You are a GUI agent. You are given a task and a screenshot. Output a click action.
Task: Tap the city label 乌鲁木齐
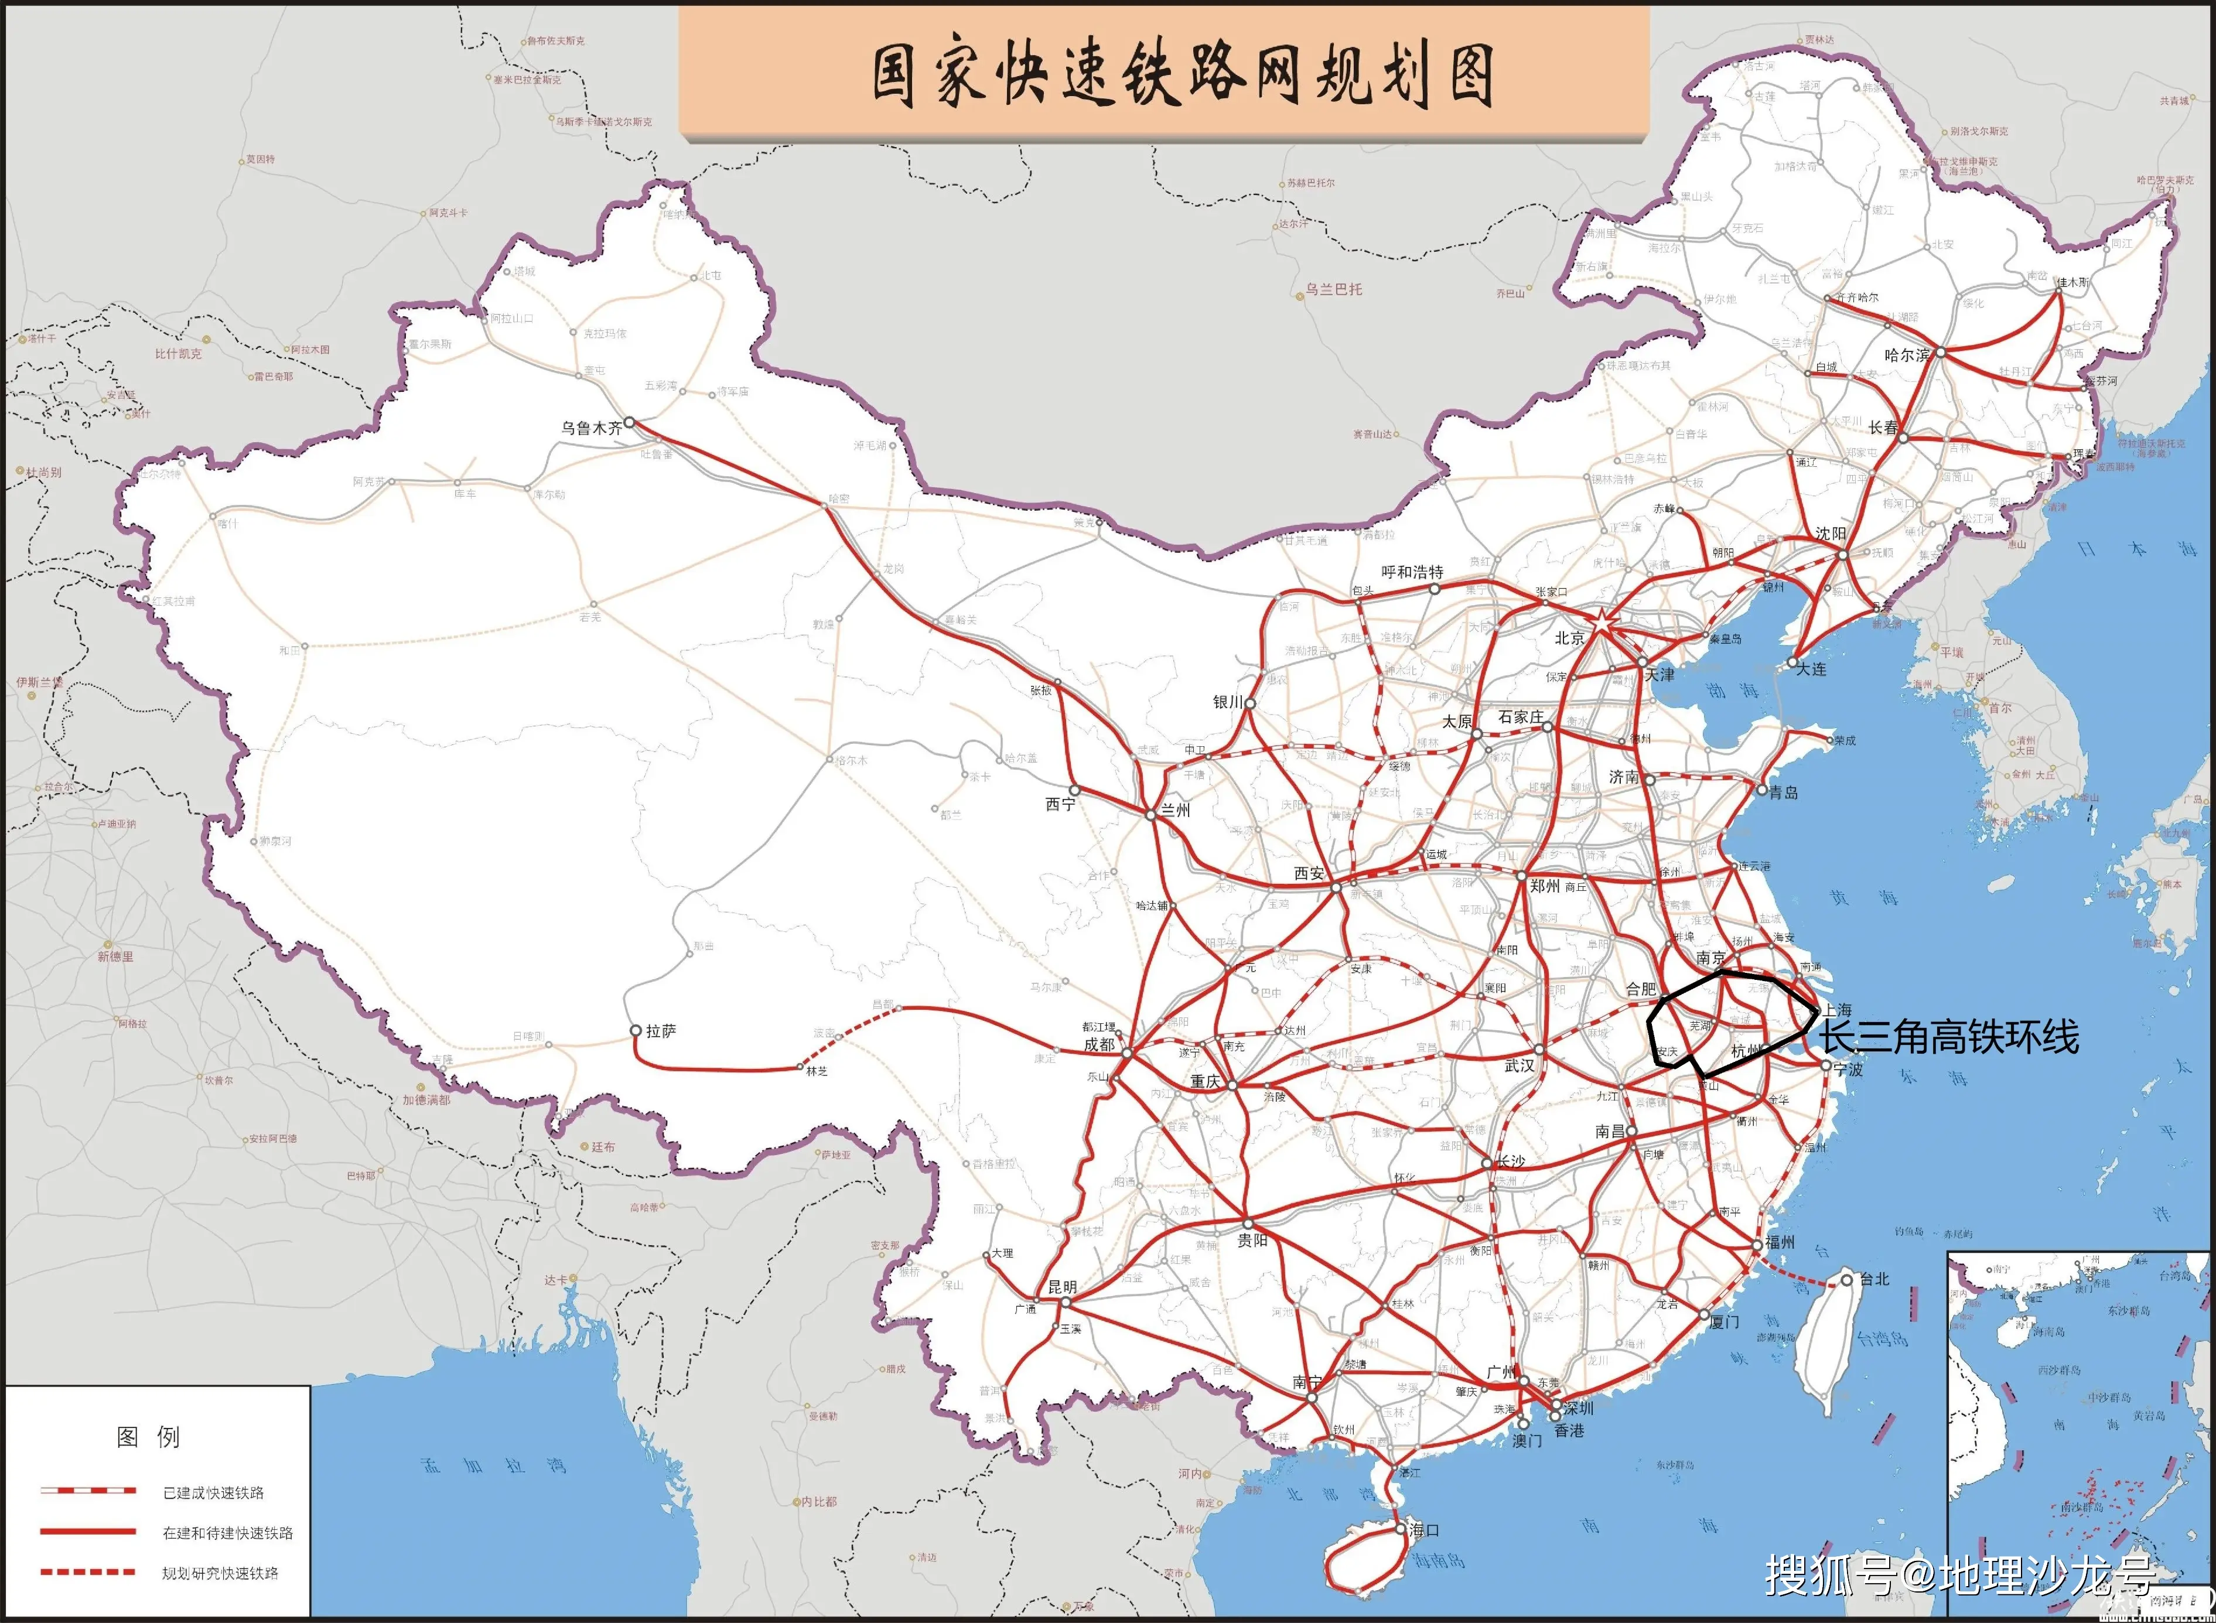pyautogui.click(x=591, y=428)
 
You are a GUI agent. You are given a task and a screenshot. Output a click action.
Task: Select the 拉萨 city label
pyautogui.click(x=661, y=1031)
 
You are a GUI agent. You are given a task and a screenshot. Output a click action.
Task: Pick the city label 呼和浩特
pyautogui.click(x=1412, y=572)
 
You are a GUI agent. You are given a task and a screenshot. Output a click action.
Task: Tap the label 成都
pyautogui.click(x=1099, y=1044)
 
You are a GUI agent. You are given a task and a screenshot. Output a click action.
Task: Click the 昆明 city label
pyautogui.click(x=1062, y=1286)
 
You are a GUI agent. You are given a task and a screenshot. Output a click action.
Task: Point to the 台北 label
pyautogui.click(x=1873, y=1279)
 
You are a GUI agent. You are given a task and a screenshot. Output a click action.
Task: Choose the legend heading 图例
pyautogui.click(x=148, y=1437)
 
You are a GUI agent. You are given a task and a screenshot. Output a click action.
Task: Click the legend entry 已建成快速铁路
pyautogui.click(x=213, y=1492)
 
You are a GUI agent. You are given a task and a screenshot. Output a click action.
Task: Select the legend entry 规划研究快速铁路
pyautogui.click(x=220, y=1573)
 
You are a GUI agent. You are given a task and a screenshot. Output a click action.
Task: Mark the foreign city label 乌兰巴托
pyautogui.click(x=1333, y=290)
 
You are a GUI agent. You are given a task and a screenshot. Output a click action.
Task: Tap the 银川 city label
pyautogui.click(x=1228, y=702)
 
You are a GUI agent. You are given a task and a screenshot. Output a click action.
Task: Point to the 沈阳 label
pyautogui.click(x=1830, y=534)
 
